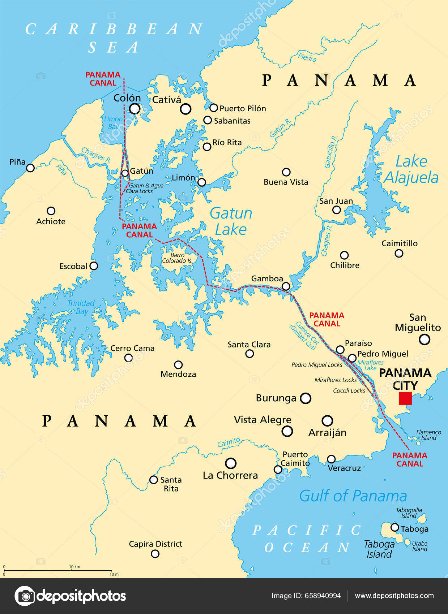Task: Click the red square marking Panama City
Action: point(405,398)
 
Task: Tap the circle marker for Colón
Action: point(135,108)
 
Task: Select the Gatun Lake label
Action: point(231,221)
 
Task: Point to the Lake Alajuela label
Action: point(411,169)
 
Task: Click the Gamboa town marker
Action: point(286,286)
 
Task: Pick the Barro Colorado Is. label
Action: point(177,258)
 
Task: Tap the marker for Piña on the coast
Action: point(30,168)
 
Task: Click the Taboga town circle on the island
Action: point(394,527)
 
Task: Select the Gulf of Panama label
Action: point(353,496)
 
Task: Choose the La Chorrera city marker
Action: point(231,463)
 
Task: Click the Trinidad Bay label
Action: point(81,307)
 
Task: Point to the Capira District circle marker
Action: point(155,554)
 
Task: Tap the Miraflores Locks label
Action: point(335,380)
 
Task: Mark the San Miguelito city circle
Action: point(424,340)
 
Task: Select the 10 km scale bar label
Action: point(74,567)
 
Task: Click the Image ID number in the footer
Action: point(323,596)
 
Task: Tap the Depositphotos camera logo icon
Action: point(25,596)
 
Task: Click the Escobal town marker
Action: point(94,266)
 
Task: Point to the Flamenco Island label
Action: point(428,435)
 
